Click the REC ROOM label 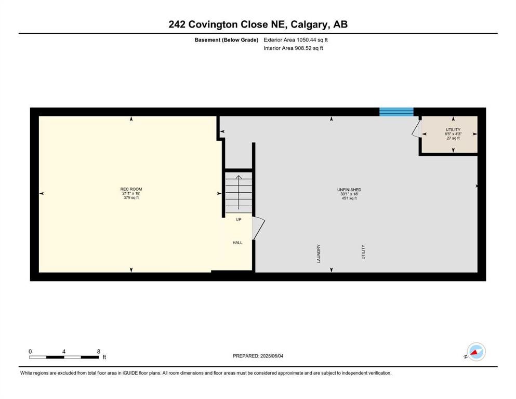click(131, 189)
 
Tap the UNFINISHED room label click(349, 190)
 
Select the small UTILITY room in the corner click(449, 134)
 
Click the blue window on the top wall click(396, 112)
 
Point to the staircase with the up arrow click(239, 192)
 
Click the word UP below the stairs click(239, 219)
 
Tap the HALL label click(237, 243)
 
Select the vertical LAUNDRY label click(319, 254)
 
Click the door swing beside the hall click(258, 228)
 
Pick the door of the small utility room click(416, 128)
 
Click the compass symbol click(476, 352)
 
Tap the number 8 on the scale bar click(99, 352)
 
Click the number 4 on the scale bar click(64, 352)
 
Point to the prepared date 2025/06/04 click(272, 356)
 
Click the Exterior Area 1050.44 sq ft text click(296, 40)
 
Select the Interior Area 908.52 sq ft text click(293, 48)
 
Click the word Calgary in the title click(310, 24)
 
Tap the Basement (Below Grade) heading click(227, 40)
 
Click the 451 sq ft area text click(349, 198)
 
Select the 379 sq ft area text click(131, 198)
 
